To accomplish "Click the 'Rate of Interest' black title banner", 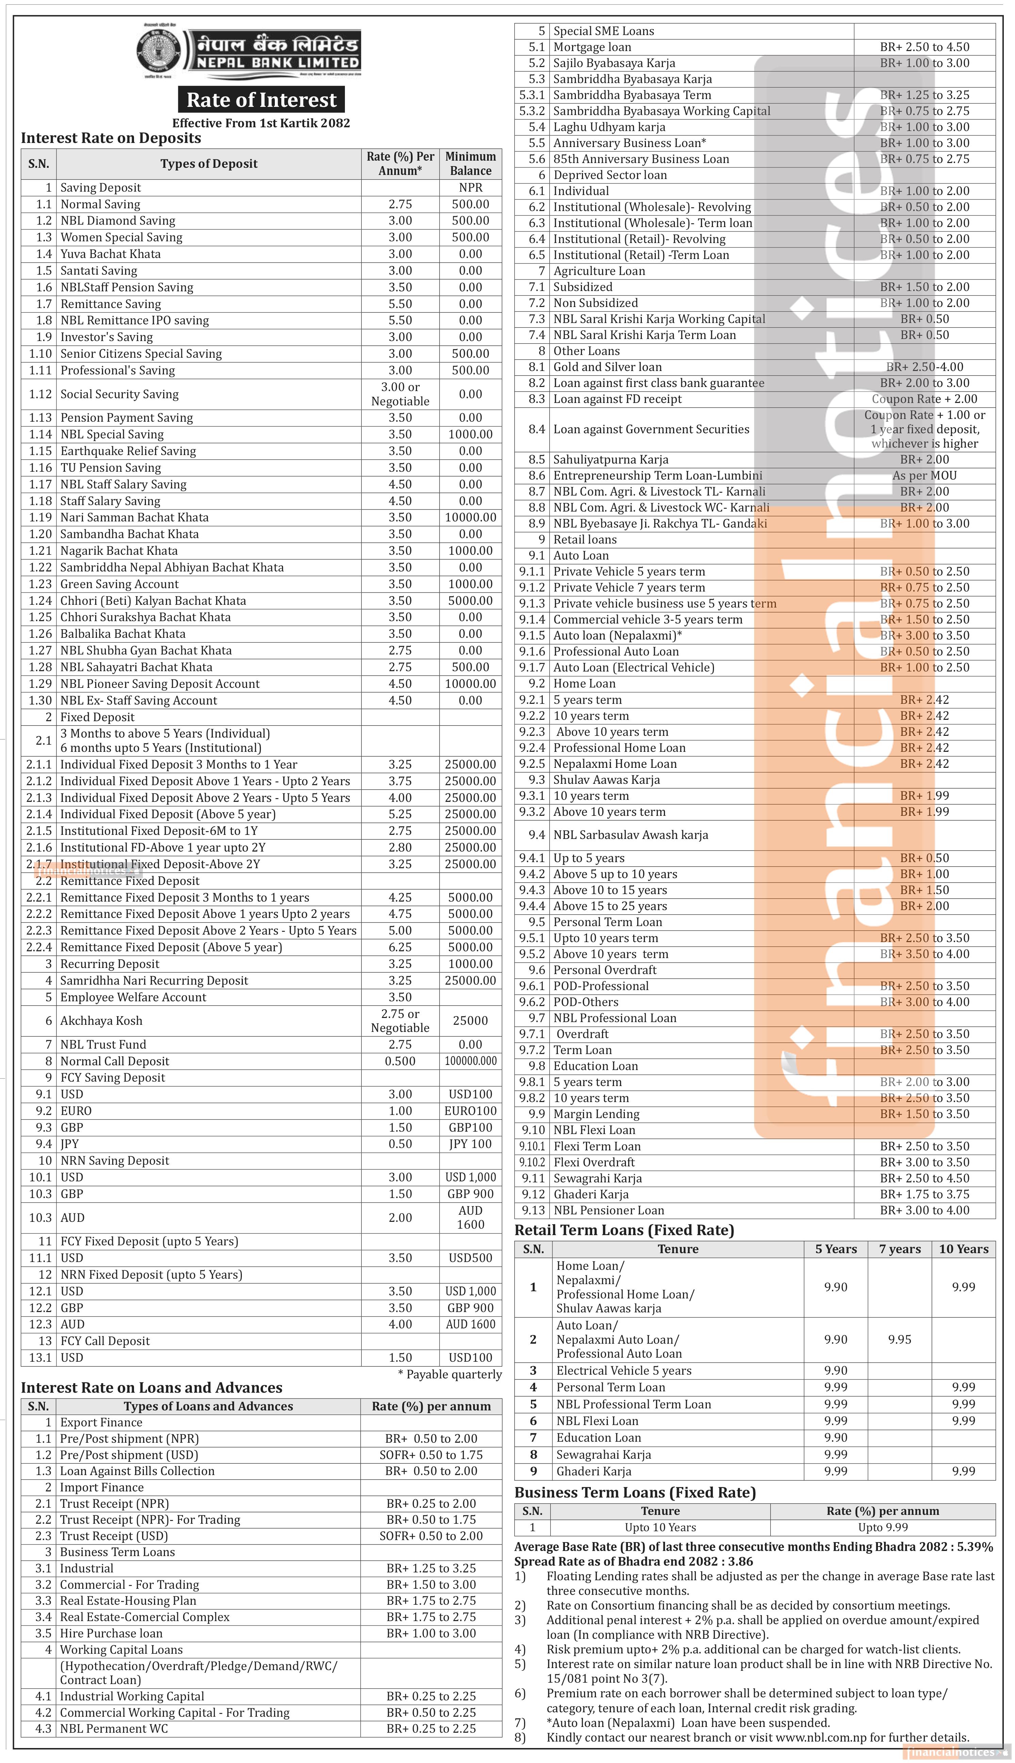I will click(262, 100).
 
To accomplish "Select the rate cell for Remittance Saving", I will click(400, 304).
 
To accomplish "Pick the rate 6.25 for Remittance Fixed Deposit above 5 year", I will click(400, 947).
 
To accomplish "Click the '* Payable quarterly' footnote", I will click(450, 1374).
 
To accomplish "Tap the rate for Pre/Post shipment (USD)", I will click(431, 1455).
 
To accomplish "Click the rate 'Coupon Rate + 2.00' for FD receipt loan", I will click(925, 399).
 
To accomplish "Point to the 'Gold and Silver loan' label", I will click(607, 367).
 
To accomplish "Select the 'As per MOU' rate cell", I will click(925, 475).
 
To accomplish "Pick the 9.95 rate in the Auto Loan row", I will click(899, 1339).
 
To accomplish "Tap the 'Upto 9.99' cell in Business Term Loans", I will click(883, 1527).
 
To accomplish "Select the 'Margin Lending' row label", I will click(596, 1114).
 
